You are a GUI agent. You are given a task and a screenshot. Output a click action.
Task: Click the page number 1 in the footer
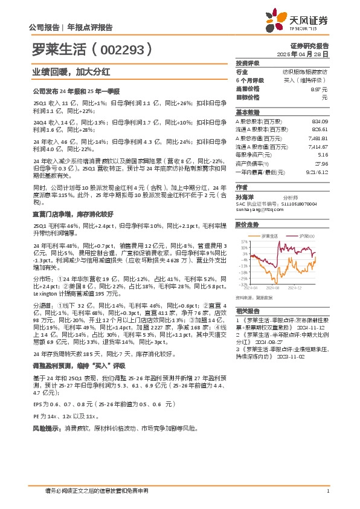[x=327, y=490]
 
